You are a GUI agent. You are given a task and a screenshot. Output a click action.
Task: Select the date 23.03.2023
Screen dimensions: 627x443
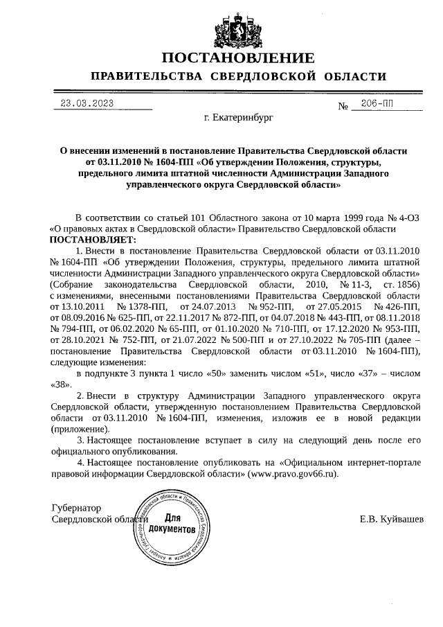coord(87,103)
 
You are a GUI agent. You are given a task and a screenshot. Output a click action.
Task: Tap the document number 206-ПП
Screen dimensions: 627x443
coord(377,103)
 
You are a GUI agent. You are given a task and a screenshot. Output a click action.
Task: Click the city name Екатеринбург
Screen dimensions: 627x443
coord(235,118)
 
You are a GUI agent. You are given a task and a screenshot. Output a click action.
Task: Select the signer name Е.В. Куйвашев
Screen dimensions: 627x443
coord(392,519)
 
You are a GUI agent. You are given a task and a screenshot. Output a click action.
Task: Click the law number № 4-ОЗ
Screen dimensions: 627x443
coord(403,218)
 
